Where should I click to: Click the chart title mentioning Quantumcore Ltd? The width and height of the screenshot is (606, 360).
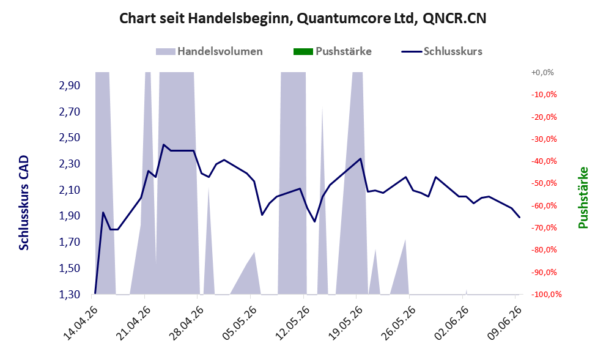click(x=303, y=18)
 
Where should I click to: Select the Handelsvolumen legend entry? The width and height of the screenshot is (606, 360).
click(x=209, y=51)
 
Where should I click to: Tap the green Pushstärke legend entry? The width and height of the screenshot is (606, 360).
click(x=333, y=51)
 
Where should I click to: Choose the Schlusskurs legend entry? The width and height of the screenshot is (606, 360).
click(x=442, y=51)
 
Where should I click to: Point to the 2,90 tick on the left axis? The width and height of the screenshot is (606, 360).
click(x=70, y=86)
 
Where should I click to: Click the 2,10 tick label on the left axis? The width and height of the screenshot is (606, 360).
click(x=70, y=190)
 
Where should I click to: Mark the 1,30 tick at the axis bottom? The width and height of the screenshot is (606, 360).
click(x=70, y=295)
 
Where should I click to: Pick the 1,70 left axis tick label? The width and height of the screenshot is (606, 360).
click(x=70, y=242)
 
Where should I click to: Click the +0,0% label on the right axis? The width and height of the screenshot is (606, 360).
click(x=542, y=72)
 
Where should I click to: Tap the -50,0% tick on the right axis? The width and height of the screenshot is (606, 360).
click(x=544, y=183)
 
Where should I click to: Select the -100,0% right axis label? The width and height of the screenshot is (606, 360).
click(x=546, y=295)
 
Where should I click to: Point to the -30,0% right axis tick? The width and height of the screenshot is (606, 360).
click(x=544, y=139)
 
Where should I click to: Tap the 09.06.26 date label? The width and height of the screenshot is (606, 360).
click(x=504, y=323)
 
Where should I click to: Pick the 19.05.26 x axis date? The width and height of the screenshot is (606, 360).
click(x=345, y=323)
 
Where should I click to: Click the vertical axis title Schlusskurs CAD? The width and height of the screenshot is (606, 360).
click(x=24, y=203)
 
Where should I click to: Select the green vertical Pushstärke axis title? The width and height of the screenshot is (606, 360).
click(x=583, y=197)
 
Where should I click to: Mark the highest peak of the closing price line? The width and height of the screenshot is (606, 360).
click(x=163, y=145)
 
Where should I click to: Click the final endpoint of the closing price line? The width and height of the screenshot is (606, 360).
click(x=519, y=217)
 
